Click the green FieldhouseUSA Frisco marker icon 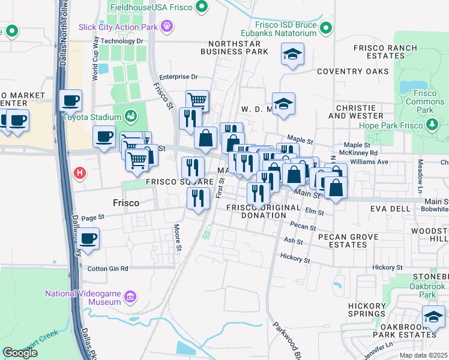pos(202,7)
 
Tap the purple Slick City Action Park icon pos(167,26)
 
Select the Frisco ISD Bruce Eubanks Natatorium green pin pos(326,28)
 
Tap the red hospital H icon pos(79,174)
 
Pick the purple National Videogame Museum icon pos(130,296)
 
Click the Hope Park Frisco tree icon pos(431,125)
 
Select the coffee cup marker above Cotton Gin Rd pos(88,239)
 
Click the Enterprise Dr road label pos(178,77)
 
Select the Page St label pos(93,218)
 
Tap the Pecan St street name pos(303,227)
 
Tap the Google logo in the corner pos(20,353)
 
